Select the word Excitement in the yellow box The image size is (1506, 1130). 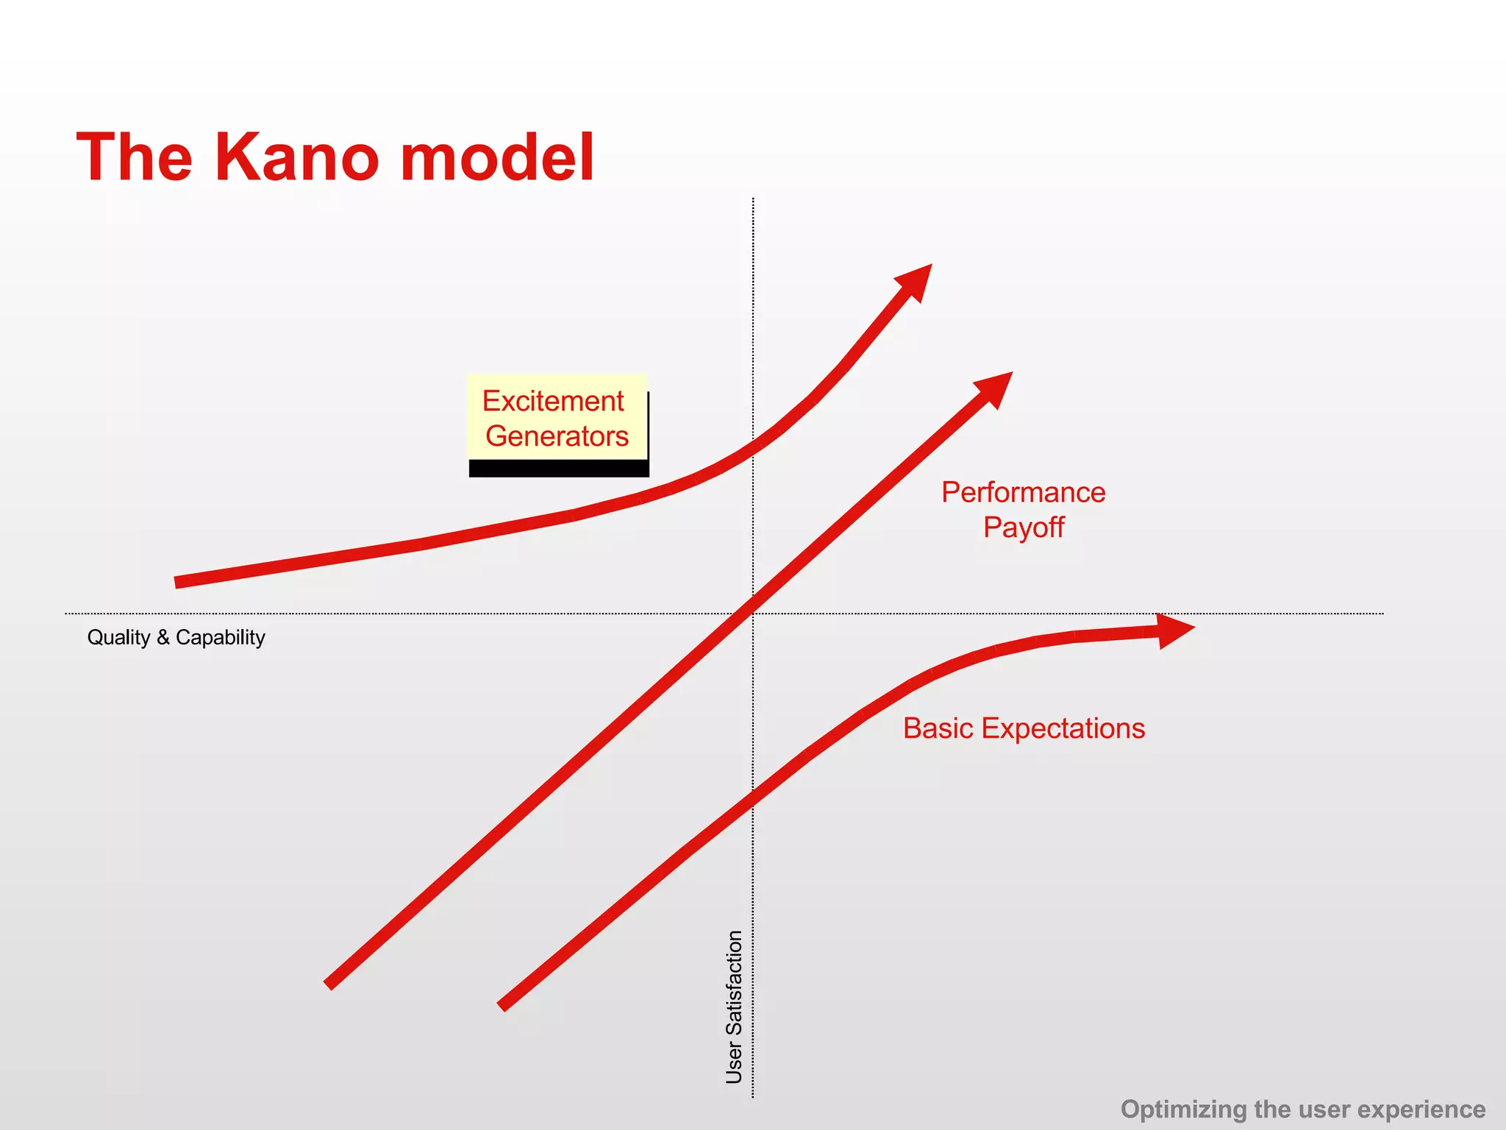click(x=553, y=401)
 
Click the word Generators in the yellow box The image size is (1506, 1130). click(x=557, y=436)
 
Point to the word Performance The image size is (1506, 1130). click(x=1023, y=492)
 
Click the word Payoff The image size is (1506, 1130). click(x=1023, y=527)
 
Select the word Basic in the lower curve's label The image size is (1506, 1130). click(x=938, y=728)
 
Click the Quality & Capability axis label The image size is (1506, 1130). click(x=176, y=637)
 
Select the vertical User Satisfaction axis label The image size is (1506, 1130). click(x=734, y=1006)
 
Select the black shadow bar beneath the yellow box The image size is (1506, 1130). click(x=558, y=469)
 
